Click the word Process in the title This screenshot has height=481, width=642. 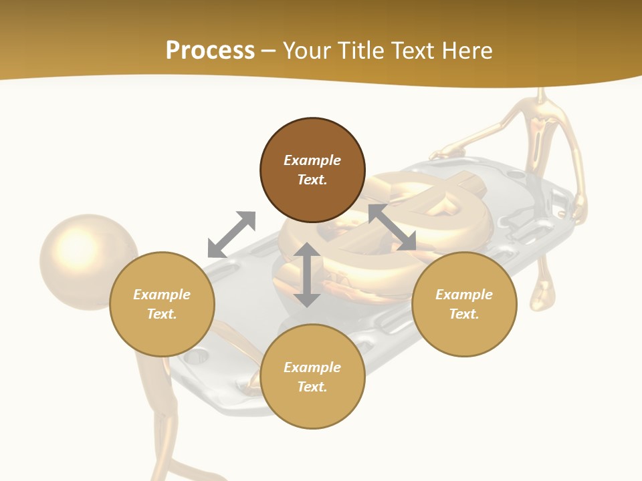tap(210, 51)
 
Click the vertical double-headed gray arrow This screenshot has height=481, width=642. tap(307, 275)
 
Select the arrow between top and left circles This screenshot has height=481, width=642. tap(231, 234)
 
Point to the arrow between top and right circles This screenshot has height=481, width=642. tap(392, 227)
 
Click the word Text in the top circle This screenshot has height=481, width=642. tap(312, 180)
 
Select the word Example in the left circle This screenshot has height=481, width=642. tap(162, 295)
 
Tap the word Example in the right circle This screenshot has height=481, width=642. tap(464, 295)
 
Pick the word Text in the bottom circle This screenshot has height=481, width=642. tap(312, 387)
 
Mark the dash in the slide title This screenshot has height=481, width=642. tap(269, 51)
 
